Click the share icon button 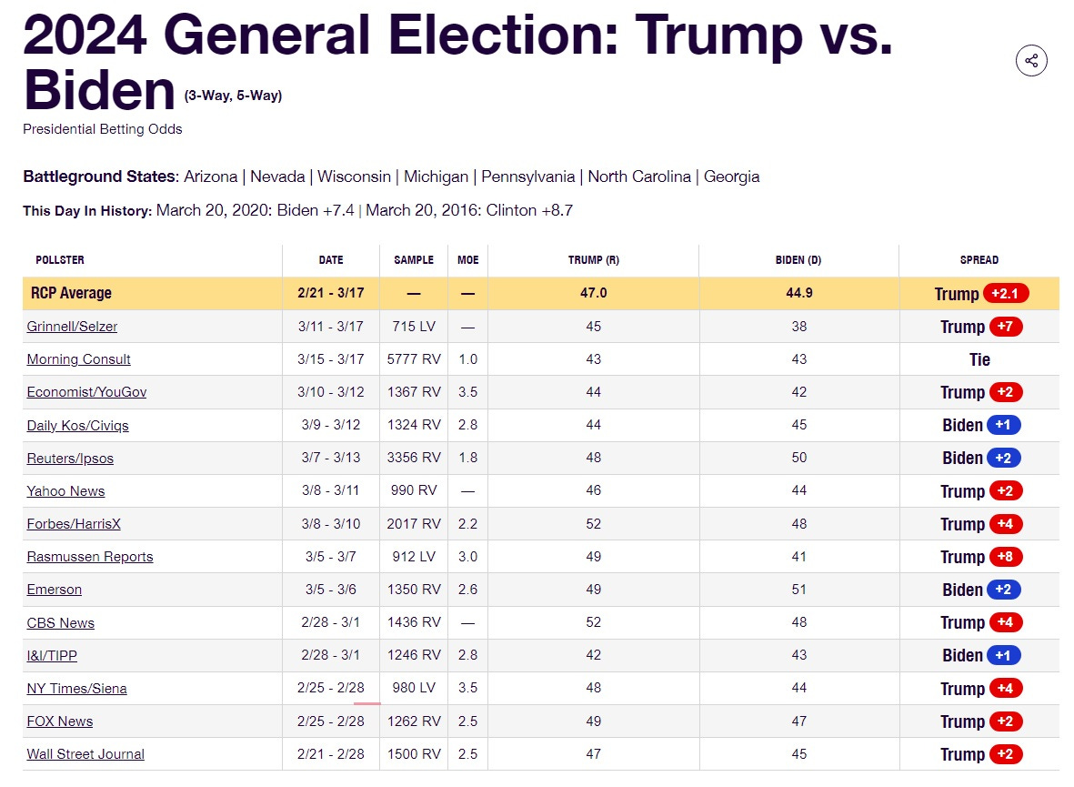click(x=1031, y=61)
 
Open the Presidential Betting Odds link click(x=102, y=129)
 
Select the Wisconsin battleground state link click(x=354, y=177)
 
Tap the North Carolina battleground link click(x=639, y=177)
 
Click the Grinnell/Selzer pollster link click(x=72, y=327)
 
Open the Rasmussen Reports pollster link click(x=90, y=557)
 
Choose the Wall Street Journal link click(x=85, y=754)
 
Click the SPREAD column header click(x=979, y=260)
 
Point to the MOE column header click(x=467, y=260)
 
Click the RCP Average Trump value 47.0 click(x=593, y=293)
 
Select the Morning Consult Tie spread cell click(x=979, y=359)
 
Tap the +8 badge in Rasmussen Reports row click(x=1005, y=557)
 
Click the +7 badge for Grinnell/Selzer click(x=1005, y=327)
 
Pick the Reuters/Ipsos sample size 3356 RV click(x=414, y=458)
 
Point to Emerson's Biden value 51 click(x=798, y=590)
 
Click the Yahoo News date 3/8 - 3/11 click(x=331, y=490)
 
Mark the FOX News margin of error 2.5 click(x=467, y=721)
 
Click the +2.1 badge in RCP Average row click(x=1005, y=293)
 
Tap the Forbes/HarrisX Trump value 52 click(x=593, y=524)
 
